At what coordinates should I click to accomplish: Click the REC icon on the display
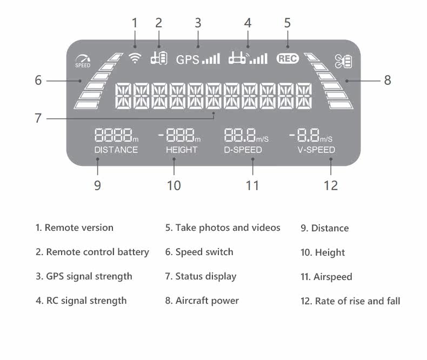(288, 58)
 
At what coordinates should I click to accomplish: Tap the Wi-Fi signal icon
(135, 58)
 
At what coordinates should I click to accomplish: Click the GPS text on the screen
(188, 59)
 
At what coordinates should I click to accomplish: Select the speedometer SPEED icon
(83, 62)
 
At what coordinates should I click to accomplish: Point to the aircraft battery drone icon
(343, 61)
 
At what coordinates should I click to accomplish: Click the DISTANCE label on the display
(116, 150)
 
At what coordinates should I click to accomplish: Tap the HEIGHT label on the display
(182, 150)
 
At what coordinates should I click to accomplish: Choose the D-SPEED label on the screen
(243, 150)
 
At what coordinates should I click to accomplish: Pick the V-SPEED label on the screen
(316, 150)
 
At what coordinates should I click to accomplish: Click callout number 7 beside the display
(38, 118)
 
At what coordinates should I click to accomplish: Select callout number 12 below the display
(331, 186)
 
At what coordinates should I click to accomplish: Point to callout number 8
(388, 81)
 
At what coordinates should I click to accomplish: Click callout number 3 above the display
(198, 23)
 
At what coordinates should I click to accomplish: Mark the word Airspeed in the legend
(333, 277)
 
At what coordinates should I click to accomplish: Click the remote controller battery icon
(159, 58)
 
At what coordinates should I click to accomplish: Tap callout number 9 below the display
(97, 186)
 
